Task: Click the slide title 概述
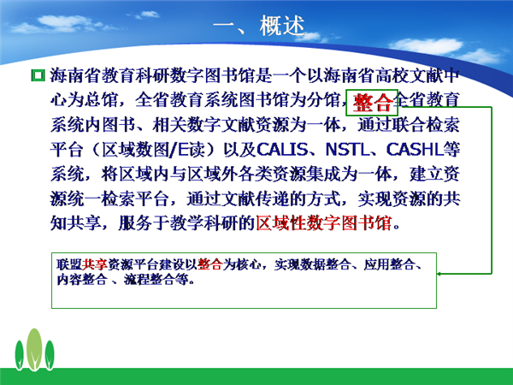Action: [x=282, y=26]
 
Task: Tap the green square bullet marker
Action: [x=38, y=75]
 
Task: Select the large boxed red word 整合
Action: [x=373, y=103]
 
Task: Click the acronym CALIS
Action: [x=282, y=149]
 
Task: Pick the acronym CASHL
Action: [x=415, y=149]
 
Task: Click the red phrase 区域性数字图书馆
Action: [x=324, y=223]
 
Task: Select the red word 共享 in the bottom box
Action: [x=95, y=264]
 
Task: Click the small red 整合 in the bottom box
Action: [x=210, y=264]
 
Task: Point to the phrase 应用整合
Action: [x=389, y=264]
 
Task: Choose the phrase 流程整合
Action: [x=149, y=279]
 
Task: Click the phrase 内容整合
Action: [x=82, y=279]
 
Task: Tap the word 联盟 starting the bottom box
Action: [x=69, y=264]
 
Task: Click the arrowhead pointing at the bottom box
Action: [x=439, y=274]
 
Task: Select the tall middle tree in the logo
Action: [x=34, y=349]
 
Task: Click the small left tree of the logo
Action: [x=20, y=355]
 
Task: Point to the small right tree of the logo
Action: [x=50, y=355]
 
